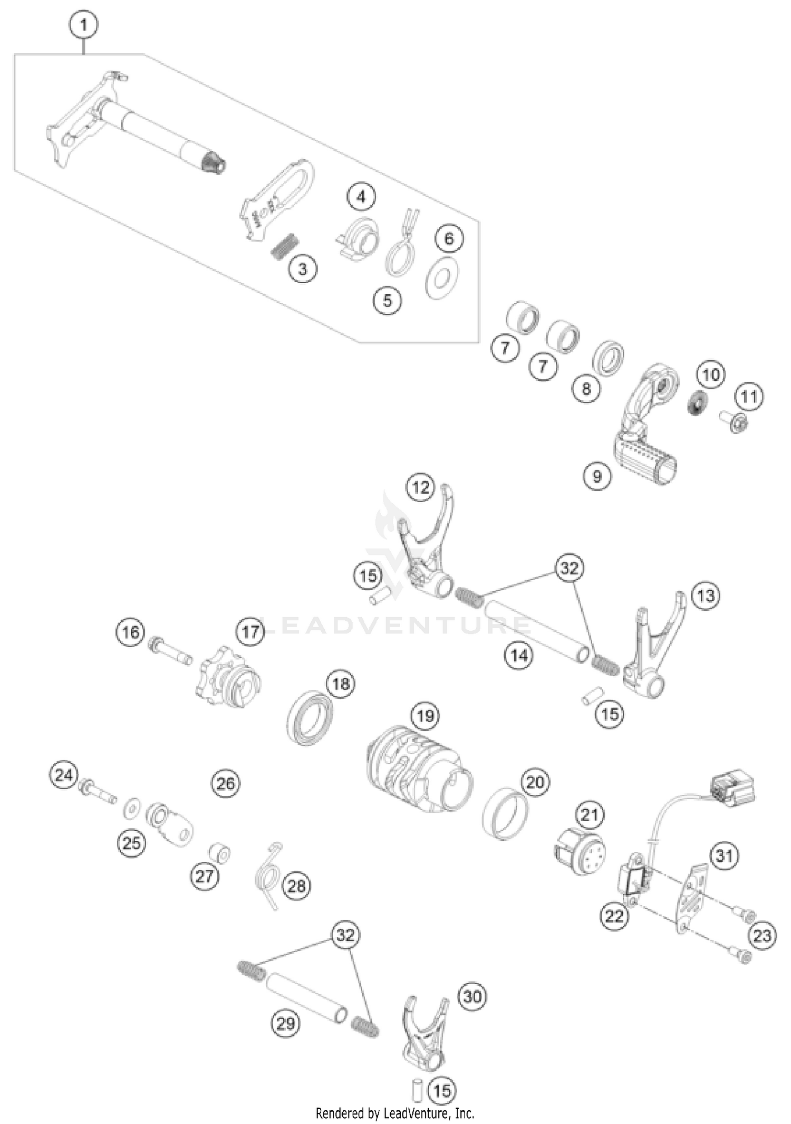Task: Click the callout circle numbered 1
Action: [83, 24]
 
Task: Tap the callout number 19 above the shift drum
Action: [425, 716]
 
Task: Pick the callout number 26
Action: [225, 783]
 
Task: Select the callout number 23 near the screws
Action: [763, 935]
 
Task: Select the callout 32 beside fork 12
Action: [569, 568]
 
